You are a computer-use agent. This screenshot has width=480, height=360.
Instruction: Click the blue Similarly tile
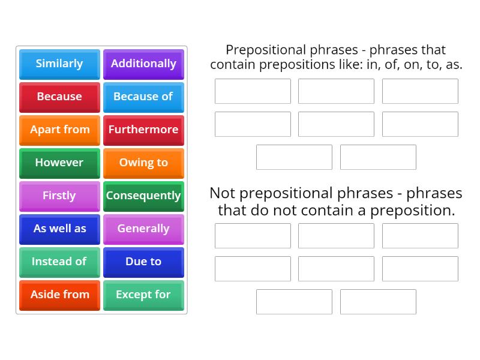pos(59,64)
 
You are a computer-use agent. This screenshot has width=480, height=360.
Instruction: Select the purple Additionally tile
pos(143,64)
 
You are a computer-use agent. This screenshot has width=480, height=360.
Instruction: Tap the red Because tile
pos(59,97)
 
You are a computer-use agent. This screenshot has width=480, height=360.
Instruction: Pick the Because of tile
pos(143,97)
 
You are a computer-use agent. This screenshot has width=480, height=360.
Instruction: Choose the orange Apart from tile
pos(59,130)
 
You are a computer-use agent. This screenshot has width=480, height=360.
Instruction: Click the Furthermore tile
pos(143,130)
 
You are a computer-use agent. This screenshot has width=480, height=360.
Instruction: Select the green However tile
pos(59,163)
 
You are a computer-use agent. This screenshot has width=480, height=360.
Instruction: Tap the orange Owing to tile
pos(143,163)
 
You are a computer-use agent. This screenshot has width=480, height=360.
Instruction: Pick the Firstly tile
pos(59,196)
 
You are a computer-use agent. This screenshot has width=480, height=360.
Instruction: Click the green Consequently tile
pos(143,196)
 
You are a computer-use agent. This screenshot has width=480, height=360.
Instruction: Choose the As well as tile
pos(59,229)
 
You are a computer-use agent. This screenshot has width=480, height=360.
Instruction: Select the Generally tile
pos(143,229)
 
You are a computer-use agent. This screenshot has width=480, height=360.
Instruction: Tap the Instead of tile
pos(59,262)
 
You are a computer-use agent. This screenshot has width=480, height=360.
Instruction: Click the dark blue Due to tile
pos(143,262)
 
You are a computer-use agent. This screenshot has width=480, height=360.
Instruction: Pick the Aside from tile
pos(59,295)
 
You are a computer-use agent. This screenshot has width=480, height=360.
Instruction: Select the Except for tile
pos(143,295)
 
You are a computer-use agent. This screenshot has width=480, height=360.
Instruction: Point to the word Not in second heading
pos(221,193)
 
